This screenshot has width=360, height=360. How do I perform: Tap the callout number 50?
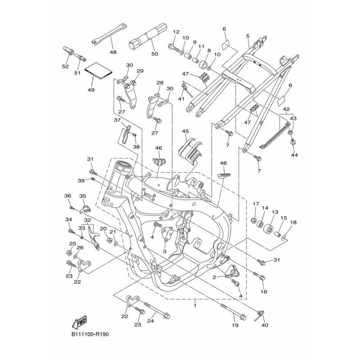tap(155, 54)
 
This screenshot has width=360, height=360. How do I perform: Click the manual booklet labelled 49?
tap(99, 71)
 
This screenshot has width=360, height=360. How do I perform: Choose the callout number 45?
tap(185, 131)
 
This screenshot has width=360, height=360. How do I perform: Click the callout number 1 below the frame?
tap(195, 306)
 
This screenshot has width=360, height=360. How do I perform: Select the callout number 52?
tap(65, 66)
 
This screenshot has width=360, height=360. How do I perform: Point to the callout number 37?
tap(117, 120)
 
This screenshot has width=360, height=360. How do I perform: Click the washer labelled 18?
tap(284, 237)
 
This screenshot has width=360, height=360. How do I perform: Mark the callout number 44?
tap(294, 155)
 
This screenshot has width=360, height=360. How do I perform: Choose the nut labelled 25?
tap(68, 253)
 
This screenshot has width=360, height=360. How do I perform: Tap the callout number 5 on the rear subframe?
tap(248, 36)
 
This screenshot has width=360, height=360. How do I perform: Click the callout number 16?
tap(264, 292)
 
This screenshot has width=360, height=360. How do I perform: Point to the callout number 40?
tap(265, 325)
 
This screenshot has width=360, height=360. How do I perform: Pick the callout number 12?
tap(176, 32)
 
